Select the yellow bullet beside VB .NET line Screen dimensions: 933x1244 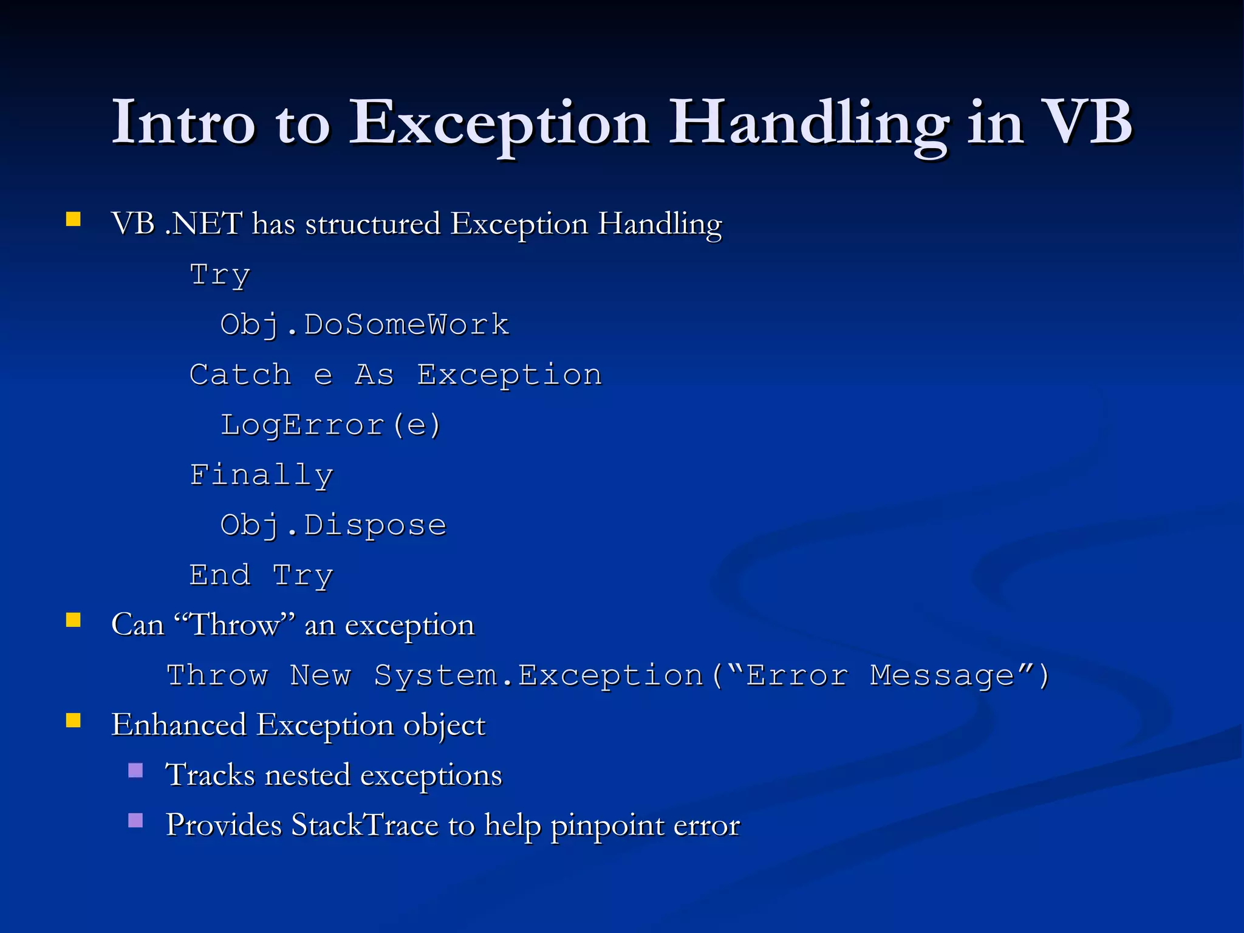(73, 219)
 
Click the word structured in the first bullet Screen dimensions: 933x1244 (372, 224)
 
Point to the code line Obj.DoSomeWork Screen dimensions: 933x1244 (364, 325)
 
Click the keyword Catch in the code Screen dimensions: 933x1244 (240, 375)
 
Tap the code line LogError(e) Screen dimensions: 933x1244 (330, 425)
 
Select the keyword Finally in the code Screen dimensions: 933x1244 (261, 475)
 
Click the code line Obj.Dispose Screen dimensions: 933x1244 (333, 525)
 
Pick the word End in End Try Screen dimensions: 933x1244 (219, 575)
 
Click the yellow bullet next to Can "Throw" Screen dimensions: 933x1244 (73, 620)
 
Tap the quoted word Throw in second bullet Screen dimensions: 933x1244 (234, 625)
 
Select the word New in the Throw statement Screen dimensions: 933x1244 (321, 675)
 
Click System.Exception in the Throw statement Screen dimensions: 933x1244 (538, 675)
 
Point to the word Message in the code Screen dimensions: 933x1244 (942, 675)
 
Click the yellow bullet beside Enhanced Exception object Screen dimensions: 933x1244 (73, 720)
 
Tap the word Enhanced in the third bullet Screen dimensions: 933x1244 (179, 725)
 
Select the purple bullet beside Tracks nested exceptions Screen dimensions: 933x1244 (135, 771)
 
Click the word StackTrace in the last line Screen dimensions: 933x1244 (364, 825)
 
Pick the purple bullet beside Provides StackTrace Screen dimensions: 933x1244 (135, 821)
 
